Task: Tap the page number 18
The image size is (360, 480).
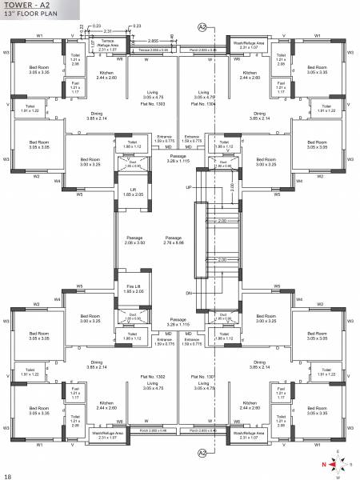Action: (x=7, y=476)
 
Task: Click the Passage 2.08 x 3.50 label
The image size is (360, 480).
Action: (x=135, y=240)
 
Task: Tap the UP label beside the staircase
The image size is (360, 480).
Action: (x=190, y=187)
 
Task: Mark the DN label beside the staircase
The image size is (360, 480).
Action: (x=190, y=293)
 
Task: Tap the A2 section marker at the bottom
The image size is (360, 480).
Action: (x=202, y=454)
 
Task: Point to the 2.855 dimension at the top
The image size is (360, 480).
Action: (x=152, y=38)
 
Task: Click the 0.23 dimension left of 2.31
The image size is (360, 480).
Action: (x=97, y=26)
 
